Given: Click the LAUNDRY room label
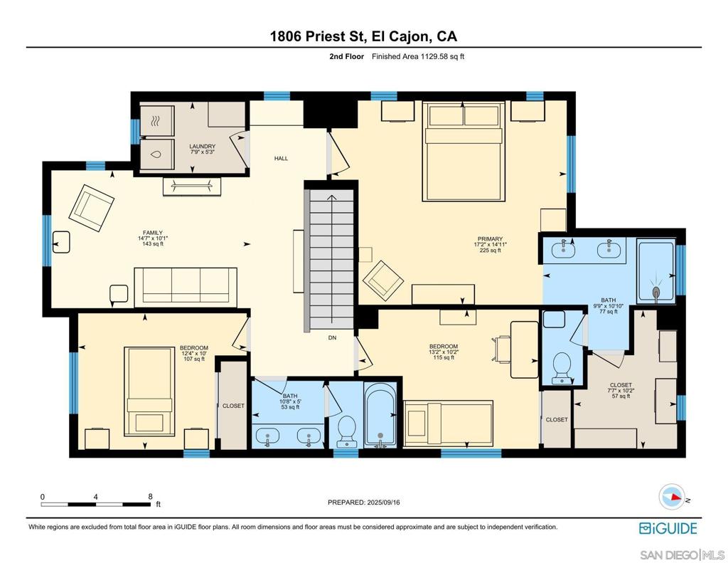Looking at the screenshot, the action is pyautogui.click(x=203, y=147).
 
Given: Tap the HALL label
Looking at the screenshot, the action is pyautogui.click(x=281, y=159).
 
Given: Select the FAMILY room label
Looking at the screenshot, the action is pyautogui.click(x=153, y=233).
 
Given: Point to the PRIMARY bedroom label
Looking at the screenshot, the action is pyautogui.click(x=491, y=239).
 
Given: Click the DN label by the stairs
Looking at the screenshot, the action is pyautogui.click(x=333, y=338).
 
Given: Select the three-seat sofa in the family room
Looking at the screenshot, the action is pyautogui.click(x=186, y=288).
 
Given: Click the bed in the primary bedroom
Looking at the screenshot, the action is pyautogui.click(x=464, y=152).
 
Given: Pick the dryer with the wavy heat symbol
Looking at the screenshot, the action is pyautogui.click(x=157, y=121).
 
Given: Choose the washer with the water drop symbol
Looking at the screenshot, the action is pyautogui.click(x=157, y=154).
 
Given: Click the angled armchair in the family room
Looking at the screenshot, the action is pyautogui.click(x=92, y=209).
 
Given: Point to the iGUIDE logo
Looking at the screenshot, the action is pyautogui.click(x=668, y=529).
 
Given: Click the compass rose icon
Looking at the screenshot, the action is pyautogui.click(x=672, y=497).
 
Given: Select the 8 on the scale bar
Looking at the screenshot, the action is pyautogui.click(x=151, y=497).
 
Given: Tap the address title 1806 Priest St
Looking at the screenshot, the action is pyautogui.click(x=318, y=36).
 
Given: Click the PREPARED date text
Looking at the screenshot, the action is pyautogui.click(x=363, y=503).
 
